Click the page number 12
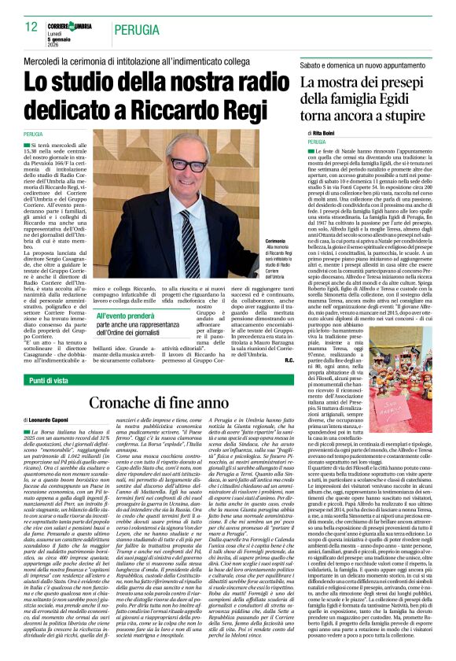[31, 27]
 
